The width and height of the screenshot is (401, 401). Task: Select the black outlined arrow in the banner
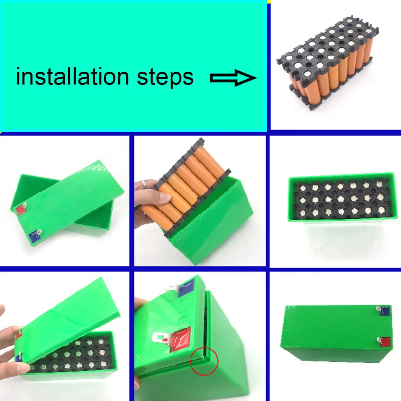pyautogui.click(x=233, y=78)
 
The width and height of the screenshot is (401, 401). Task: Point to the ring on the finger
pyautogui.click(x=144, y=185)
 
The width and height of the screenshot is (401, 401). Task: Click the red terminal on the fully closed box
pyautogui.click(x=384, y=342)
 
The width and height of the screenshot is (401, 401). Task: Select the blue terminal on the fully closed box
pyautogui.click(x=383, y=310)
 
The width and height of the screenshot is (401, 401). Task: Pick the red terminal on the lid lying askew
pyautogui.click(x=21, y=209)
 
